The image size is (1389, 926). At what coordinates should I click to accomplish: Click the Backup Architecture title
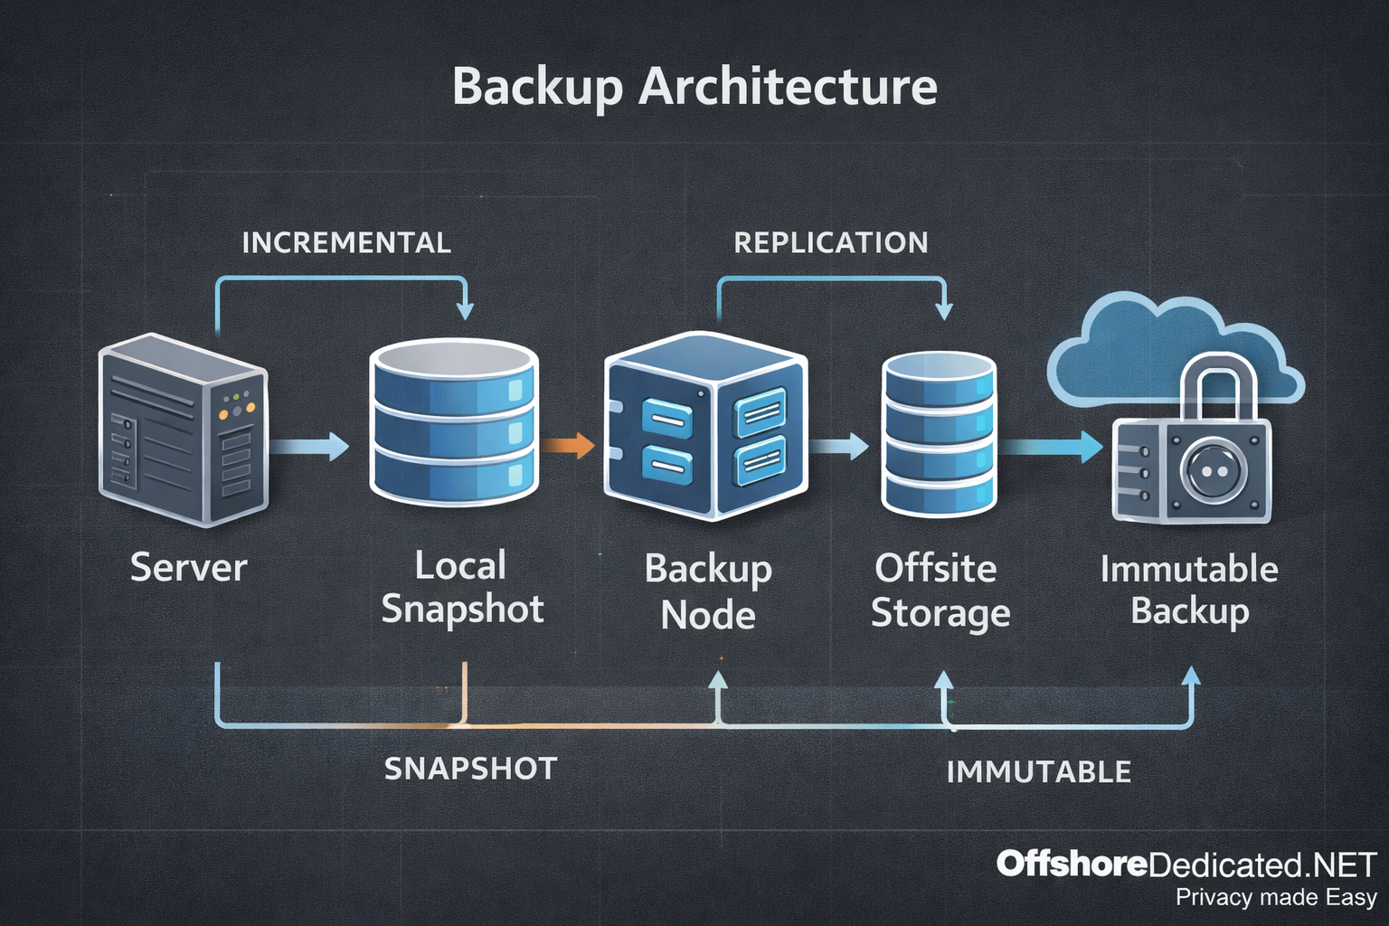coord(694,87)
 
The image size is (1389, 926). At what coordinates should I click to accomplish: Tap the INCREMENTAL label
coord(346,242)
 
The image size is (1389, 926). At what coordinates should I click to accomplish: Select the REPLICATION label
coord(830,242)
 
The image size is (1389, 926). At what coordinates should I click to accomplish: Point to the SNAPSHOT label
coord(470,769)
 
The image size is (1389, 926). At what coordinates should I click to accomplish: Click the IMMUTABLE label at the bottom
coord(1038,771)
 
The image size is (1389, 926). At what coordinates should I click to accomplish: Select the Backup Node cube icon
coord(705,426)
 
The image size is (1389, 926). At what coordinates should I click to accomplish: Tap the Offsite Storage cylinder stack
coord(939,434)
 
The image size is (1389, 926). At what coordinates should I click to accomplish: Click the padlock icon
coord(1192,452)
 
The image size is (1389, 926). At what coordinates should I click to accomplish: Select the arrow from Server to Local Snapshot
coord(309,446)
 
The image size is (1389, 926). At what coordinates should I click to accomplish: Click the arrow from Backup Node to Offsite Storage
coord(839,445)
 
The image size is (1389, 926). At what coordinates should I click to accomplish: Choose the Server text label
coord(188,568)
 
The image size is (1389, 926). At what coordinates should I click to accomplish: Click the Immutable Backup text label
coord(1189,590)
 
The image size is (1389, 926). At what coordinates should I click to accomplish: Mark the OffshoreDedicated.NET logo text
coord(1186,865)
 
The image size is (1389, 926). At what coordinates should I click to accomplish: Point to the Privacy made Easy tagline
coord(1275,897)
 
